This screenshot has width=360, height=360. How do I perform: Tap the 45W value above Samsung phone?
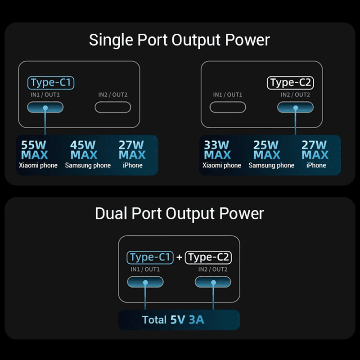click(x=84, y=145)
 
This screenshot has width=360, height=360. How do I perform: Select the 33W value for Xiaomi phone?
click(x=217, y=145)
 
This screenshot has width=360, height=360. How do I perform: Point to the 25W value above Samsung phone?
click(x=266, y=145)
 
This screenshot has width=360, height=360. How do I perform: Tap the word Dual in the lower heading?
click(x=111, y=213)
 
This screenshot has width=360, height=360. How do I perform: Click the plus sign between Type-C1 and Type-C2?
click(x=179, y=257)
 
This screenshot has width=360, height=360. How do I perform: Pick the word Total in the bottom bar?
click(x=154, y=320)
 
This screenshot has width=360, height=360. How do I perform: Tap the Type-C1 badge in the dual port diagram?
click(x=150, y=257)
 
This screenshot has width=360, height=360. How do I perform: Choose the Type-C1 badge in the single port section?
click(x=50, y=83)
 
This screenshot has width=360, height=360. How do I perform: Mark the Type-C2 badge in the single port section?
click(x=290, y=83)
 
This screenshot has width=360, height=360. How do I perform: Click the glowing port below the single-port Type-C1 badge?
click(x=45, y=107)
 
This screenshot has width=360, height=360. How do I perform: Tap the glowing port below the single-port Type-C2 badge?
click(x=295, y=107)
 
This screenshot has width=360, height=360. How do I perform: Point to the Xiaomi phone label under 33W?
click(x=222, y=166)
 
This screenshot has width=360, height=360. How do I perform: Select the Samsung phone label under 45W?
click(x=88, y=166)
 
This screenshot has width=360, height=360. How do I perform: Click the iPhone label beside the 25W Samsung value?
click(x=316, y=166)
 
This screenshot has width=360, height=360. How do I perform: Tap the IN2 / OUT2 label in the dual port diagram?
click(x=213, y=270)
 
